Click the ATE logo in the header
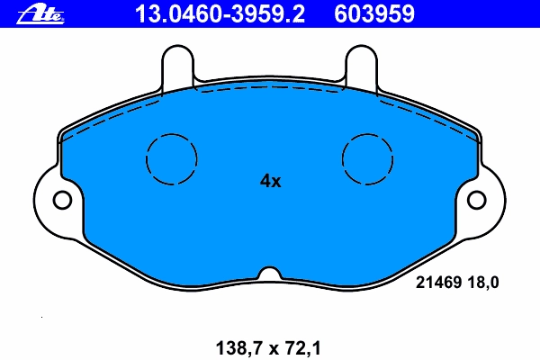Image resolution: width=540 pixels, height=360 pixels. (40, 14)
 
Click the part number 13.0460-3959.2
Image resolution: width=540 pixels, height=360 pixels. (220, 14)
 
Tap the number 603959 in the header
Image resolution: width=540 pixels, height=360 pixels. (374, 14)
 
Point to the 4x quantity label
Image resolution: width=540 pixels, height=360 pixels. (270, 181)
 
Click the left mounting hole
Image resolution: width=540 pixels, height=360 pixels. (62, 200)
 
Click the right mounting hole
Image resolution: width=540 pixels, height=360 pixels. (477, 200)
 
